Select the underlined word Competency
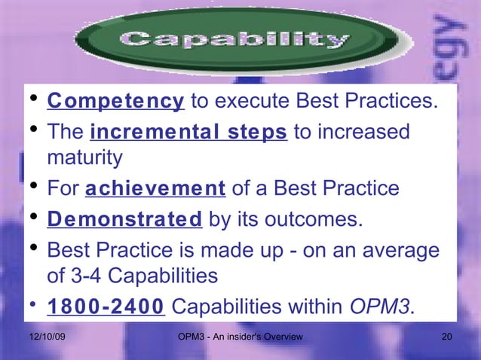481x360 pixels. [115, 102]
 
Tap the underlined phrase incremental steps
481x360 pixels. [188, 133]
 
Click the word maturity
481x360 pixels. [84, 159]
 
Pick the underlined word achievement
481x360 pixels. [155, 188]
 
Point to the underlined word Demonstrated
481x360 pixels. [124, 219]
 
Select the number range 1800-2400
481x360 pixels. [106, 307]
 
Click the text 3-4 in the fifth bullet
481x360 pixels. [91, 276]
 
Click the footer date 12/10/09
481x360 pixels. [45, 336]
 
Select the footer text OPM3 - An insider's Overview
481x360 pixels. [238, 336]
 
